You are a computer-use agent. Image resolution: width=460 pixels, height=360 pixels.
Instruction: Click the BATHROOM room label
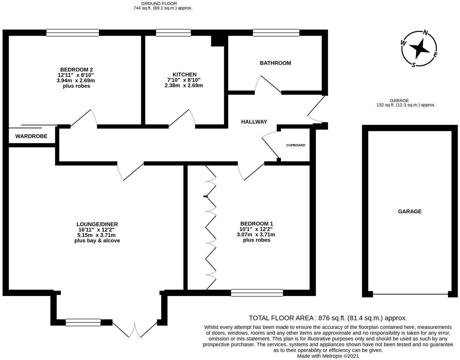click(275, 63)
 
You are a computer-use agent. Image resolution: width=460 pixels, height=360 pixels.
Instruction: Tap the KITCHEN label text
click(185, 74)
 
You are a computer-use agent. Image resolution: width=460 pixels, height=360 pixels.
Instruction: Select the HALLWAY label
click(254, 122)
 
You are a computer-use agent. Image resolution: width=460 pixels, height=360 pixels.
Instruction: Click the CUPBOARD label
click(296, 145)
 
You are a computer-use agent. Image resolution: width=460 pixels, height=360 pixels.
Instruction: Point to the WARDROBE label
click(31, 136)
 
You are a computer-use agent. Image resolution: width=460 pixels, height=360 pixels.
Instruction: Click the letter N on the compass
click(426, 33)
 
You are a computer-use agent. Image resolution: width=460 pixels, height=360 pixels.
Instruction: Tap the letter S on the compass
click(413, 65)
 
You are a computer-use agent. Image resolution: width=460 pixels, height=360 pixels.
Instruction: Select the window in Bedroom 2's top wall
click(73, 33)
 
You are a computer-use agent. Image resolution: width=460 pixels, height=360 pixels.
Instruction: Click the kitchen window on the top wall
click(173, 33)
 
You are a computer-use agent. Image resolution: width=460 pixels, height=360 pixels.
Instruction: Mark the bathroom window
click(276, 33)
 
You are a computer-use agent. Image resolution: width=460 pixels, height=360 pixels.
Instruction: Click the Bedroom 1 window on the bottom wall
click(257, 292)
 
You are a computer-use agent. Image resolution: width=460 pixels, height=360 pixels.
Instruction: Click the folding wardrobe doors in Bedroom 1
click(211, 227)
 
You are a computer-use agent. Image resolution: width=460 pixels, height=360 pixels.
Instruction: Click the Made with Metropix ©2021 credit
click(328, 356)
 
